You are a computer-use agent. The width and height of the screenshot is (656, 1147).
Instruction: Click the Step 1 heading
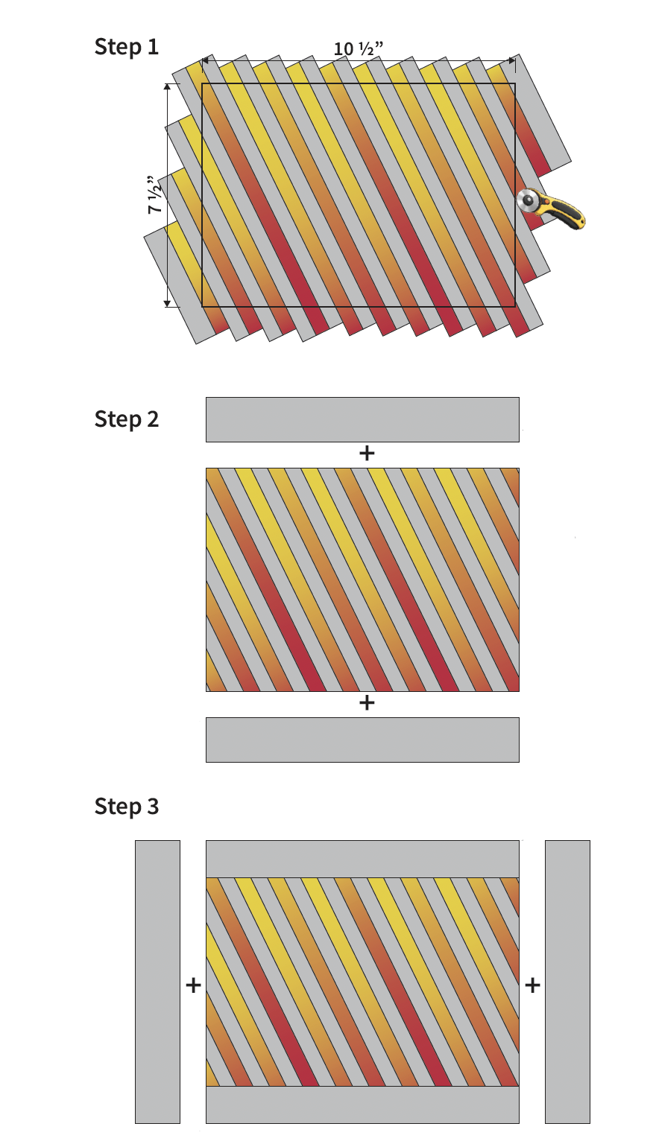pos(126,47)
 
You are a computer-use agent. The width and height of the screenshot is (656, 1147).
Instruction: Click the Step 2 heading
pos(126,419)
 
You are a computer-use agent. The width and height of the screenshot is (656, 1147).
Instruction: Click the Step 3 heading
pos(126,807)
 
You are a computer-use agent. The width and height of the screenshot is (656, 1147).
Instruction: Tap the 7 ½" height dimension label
pos(155,195)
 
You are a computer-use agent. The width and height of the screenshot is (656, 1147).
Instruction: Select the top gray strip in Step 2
pos(362,419)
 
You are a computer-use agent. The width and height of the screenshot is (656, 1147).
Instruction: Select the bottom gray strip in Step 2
pos(362,740)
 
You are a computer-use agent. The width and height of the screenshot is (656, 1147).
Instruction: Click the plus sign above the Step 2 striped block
pos(366,453)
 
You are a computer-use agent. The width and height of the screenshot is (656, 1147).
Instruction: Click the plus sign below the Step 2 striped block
pos(366,702)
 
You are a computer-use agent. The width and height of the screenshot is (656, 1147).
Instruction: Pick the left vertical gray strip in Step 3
pos(157,982)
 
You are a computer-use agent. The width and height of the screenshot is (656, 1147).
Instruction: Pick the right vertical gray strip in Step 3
pos(567,982)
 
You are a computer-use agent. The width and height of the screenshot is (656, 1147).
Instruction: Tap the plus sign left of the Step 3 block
pos(193,985)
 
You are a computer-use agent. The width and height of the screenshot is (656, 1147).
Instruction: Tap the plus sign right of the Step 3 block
pos(532,985)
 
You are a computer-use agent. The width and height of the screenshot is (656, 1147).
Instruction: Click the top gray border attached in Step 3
pos(362,860)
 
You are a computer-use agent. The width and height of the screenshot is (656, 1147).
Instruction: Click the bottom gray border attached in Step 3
pos(362,1105)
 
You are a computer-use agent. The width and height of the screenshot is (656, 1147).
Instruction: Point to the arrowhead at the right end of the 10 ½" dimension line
pos(511,60)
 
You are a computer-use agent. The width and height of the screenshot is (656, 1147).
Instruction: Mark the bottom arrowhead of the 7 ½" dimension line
pos(168,302)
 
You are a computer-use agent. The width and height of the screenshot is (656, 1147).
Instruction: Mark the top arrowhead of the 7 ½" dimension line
pos(168,88)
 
